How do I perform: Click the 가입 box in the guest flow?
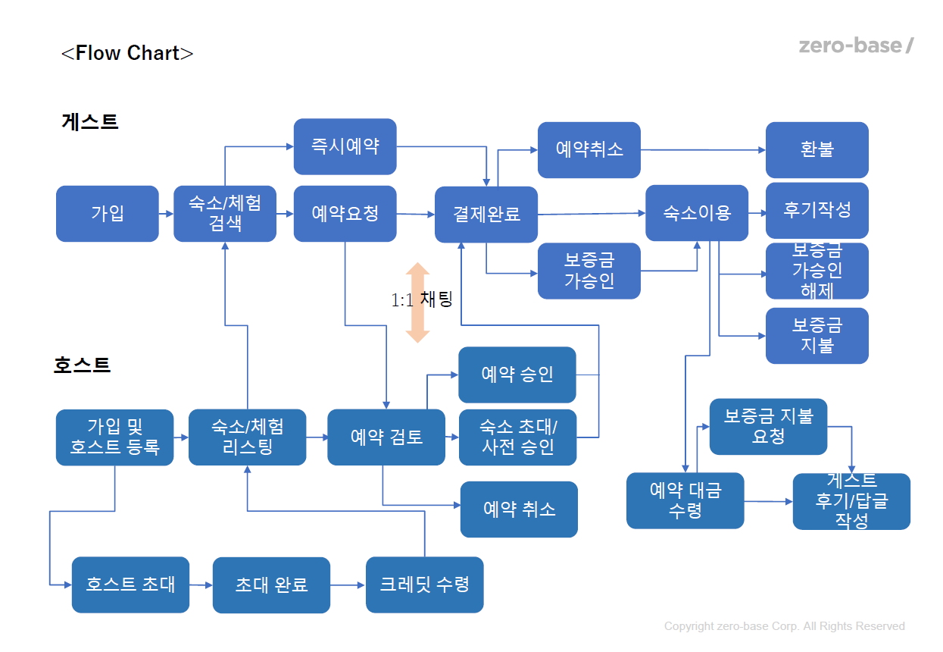click(x=108, y=214)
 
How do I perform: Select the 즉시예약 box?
click(x=345, y=146)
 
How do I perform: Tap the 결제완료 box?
click(x=486, y=215)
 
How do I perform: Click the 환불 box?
click(x=817, y=150)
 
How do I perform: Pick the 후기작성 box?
click(x=817, y=210)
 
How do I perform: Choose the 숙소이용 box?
click(x=697, y=213)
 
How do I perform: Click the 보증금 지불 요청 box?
click(x=768, y=426)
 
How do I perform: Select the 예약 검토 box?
click(x=386, y=437)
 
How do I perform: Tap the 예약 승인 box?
click(x=517, y=375)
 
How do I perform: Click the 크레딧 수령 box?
click(x=424, y=585)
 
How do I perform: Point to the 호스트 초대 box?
click(x=130, y=585)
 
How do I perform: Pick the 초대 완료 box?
click(x=271, y=585)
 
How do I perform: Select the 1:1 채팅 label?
click(x=421, y=299)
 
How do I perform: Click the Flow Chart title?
click(x=127, y=53)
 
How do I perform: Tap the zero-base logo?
click(x=856, y=45)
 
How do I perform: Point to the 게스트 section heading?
click(x=90, y=121)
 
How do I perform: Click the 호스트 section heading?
click(x=83, y=365)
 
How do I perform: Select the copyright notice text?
click(x=784, y=626)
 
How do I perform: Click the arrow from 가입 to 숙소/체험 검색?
click(x=166, y=214)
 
